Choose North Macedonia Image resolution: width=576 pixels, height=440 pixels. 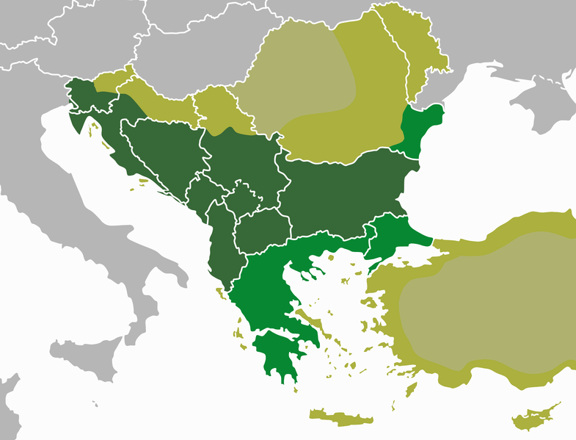[x=263, y=230]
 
